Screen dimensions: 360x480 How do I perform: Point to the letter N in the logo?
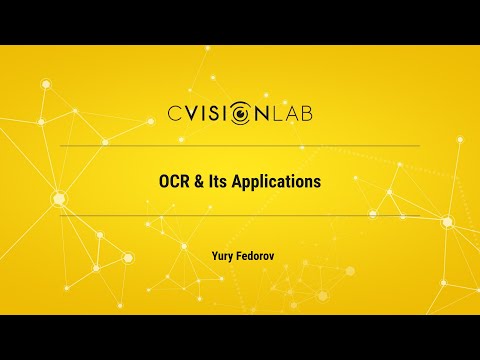coord(263,113)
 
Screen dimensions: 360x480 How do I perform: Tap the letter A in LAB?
coord(295,113)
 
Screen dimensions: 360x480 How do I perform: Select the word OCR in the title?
coord(175,183)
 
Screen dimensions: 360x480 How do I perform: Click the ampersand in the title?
coord(200,183)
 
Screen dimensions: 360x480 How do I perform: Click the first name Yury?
coord(223,255)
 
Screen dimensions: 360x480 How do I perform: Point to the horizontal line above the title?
coord(240,146)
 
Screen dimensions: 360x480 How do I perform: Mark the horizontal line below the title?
coord(240,216)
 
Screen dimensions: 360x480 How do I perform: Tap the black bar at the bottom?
coord(240,337)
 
